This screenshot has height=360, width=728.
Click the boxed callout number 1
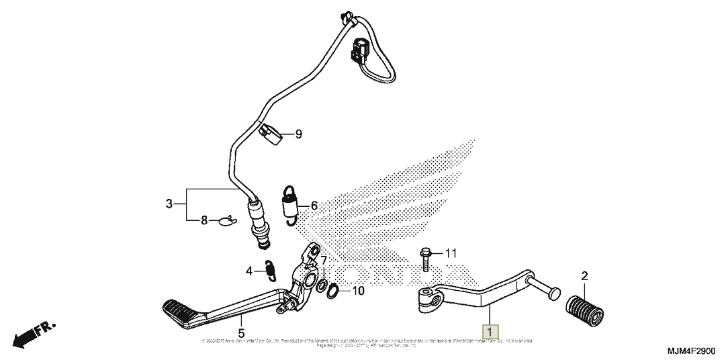490,332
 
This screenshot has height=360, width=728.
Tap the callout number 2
584,276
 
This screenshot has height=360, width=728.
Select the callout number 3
169,203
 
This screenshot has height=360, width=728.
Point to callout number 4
249,271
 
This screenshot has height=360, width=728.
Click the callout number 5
240,332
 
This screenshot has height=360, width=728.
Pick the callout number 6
313,206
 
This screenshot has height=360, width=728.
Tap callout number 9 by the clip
298,134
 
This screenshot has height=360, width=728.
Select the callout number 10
358,291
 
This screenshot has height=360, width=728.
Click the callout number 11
450,253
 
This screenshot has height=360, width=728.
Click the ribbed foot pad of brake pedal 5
182,312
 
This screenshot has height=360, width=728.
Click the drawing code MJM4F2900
694,351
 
